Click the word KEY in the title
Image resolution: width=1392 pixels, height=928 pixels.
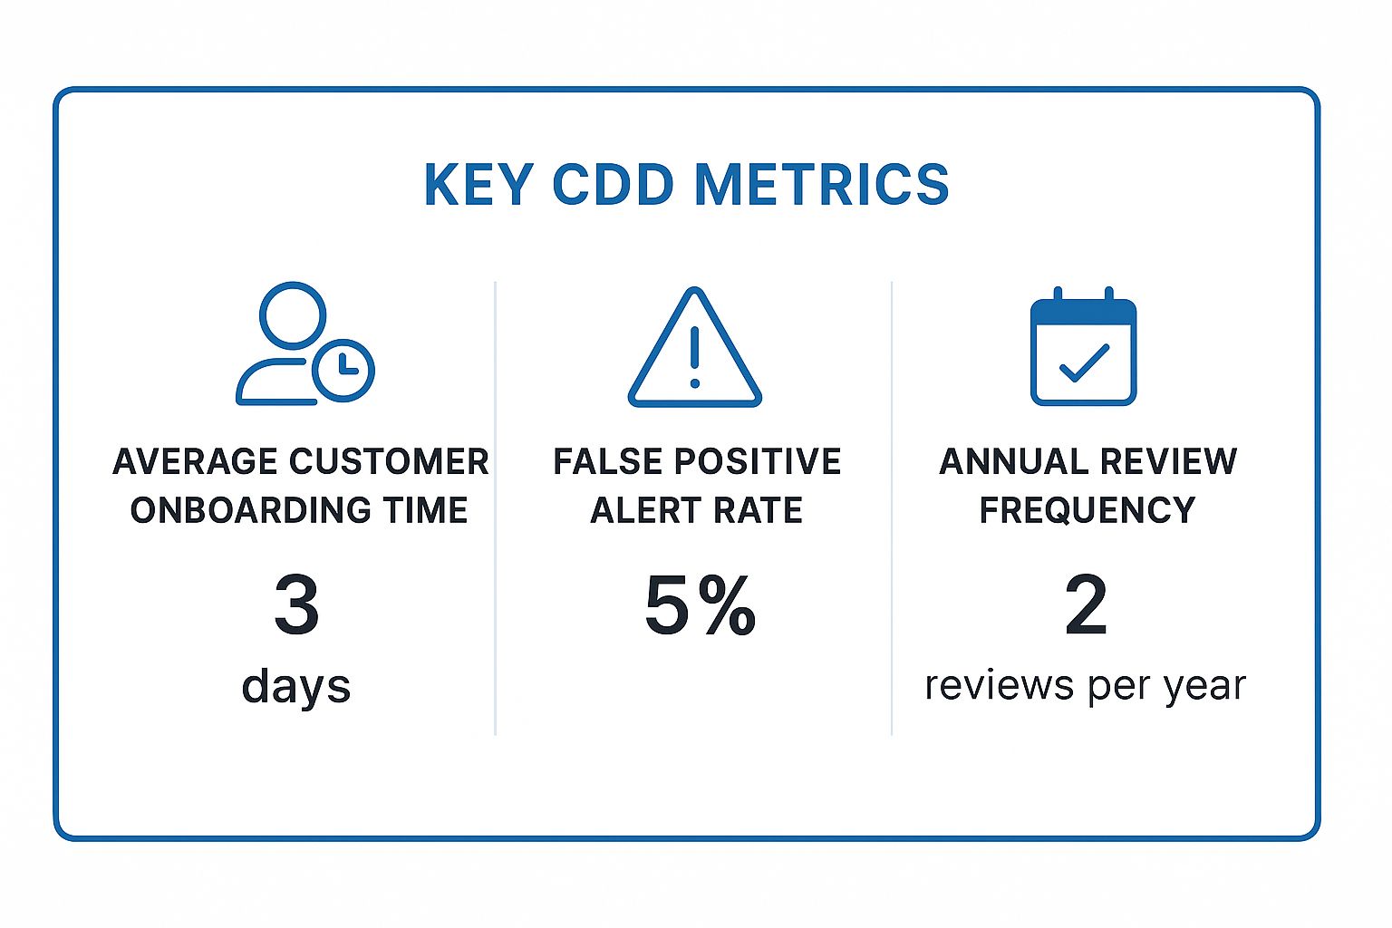click(x=478, y=185)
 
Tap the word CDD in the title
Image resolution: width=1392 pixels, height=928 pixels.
click(x=613, y=185)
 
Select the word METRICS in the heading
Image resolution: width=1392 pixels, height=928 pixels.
click(x=821, y=185)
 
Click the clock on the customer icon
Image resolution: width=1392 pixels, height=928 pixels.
click(x=343, y=370)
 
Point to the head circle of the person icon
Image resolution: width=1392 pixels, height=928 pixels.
click(x=292, y=314)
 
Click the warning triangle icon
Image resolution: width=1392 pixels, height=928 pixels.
click(x=695, y=349)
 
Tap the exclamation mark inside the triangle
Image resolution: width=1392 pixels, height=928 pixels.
click(x=695, y=356)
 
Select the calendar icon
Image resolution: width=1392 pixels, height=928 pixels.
click(x=1083, y=349)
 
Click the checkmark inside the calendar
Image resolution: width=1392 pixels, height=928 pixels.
click(x=1084, y=362)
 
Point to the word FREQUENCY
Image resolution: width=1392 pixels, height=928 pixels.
click(x=1087, y=511)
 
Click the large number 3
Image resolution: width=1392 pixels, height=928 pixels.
click(x=296, y=605)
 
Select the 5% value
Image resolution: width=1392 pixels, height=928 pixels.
click(x=700, y=605)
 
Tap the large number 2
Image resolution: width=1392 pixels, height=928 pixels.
click(x=1086, y=605)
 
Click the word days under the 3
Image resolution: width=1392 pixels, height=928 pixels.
click(x=295, y=686)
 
